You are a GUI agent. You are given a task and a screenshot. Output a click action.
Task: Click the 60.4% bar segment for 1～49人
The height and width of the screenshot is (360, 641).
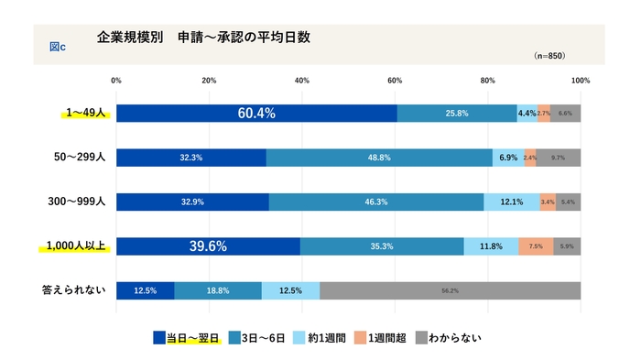click(x=256, y=114)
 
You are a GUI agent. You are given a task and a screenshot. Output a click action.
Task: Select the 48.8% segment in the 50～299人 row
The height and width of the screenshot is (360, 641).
click(x=379, y=158)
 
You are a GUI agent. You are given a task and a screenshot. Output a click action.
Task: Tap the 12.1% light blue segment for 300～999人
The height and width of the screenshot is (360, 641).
click(x=512, y=202)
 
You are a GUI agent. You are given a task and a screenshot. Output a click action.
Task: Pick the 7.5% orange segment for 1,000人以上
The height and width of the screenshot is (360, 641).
click(x=536, y=246)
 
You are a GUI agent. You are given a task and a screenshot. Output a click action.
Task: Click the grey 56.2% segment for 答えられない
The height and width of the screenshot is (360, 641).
click(x=450, y=290)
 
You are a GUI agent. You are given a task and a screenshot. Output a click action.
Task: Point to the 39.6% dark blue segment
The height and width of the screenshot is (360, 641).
click(x=208, y=246)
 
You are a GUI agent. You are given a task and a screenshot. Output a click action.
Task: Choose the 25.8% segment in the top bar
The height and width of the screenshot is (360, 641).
click(x=457, y=114)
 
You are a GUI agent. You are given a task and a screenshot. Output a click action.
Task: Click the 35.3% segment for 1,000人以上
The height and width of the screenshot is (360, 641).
click(x=382, y=246)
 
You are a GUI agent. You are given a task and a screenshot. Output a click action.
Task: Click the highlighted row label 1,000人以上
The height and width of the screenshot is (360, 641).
click(x=75, y=245)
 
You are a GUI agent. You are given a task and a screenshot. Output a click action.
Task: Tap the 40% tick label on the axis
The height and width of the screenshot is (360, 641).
click(x=302, y=81)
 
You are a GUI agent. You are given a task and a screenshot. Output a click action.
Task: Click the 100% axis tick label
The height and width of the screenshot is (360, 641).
click(x=579, y=81)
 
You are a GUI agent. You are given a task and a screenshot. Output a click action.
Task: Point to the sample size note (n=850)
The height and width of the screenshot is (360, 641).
click(x=549, y=56)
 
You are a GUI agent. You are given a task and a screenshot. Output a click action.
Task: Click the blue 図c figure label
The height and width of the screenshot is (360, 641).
click(x=57, y=45)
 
